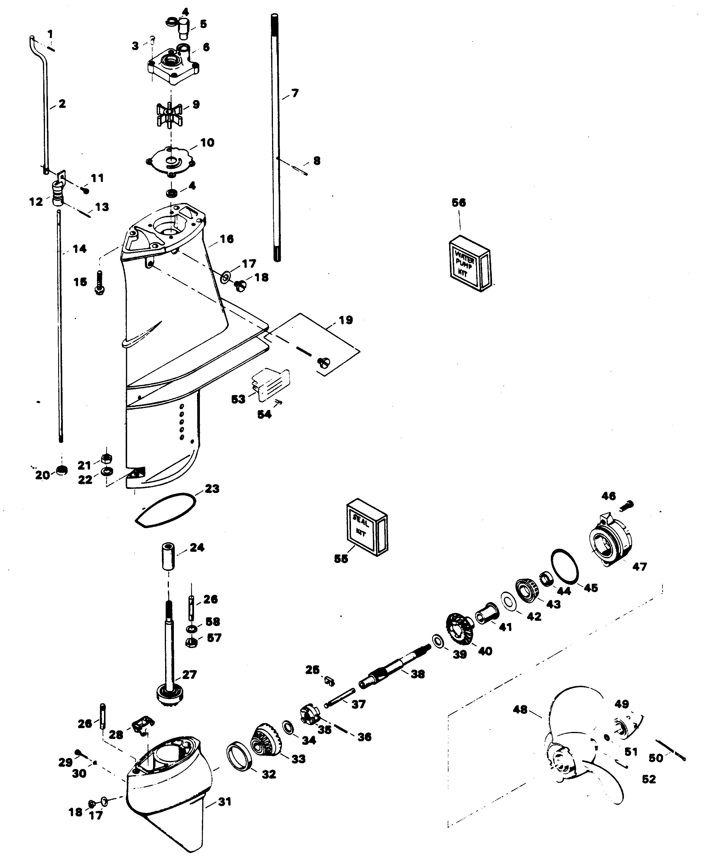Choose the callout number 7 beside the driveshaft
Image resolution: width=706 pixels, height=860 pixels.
click(x=295, y=93)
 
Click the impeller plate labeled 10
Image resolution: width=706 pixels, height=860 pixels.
click(x=171, y=161)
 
